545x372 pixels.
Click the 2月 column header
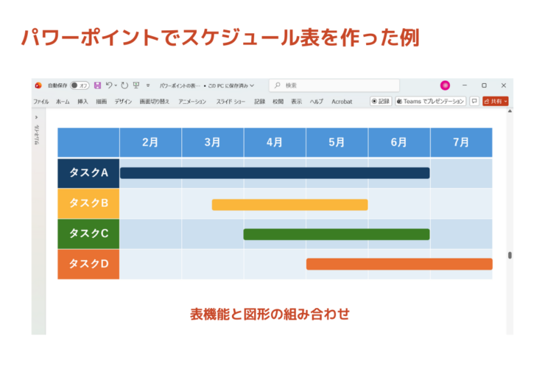[x=150, y=142]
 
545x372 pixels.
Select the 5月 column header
[x=337, y=142]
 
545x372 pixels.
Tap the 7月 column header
[x=461, y=142]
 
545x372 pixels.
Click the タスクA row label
[x=88, y=173]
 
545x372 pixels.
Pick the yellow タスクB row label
[x=88, y=203]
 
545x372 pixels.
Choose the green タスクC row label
[x=88, y=234]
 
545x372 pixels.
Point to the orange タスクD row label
[x=88, y=264]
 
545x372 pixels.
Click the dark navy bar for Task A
[x=274, y=173]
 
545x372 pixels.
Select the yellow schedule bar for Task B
[x=289, y=204]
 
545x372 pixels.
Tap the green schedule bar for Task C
[x=336, y=234]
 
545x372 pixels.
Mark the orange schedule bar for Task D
[x=398, y=264]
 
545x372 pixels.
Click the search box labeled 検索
[x=334, y=85]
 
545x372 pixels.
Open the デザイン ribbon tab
[x=123, y=102]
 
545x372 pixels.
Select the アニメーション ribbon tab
[x=192, y=102]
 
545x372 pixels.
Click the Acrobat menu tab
[x=342, y=102]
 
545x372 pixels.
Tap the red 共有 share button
[x=496, y=102]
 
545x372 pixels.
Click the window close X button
[x=504, y=85]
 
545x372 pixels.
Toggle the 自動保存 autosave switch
[x=80, y=85]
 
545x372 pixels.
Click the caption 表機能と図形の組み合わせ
[x=270, y=314]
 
